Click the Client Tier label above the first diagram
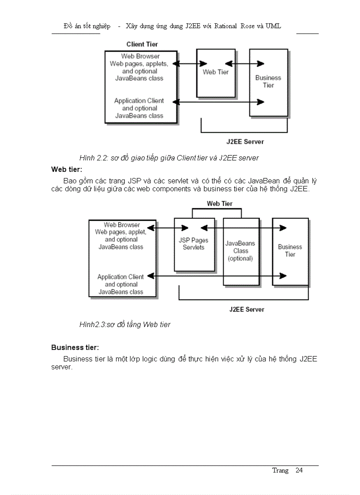coord(142,44)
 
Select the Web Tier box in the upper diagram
coord(216,73)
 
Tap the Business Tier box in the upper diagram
coord(268,82)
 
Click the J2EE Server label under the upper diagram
coord(245,142)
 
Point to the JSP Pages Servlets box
coord(194,244)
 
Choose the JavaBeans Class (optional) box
coord(240,251)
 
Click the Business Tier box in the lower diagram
coord(290,251)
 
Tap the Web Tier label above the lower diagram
coord(220,204)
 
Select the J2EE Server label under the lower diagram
coord(247,309)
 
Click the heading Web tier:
coord(67,169)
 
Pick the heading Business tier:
coord(75,347)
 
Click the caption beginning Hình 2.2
coord(169,158)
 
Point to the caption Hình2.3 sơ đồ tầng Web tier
coord(125,324)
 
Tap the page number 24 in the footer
coord(299,470)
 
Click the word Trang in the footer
coord(280,470)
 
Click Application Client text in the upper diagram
coord(139,101)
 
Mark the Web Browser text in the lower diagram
coord(122,225)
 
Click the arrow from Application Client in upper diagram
coord(218,102)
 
